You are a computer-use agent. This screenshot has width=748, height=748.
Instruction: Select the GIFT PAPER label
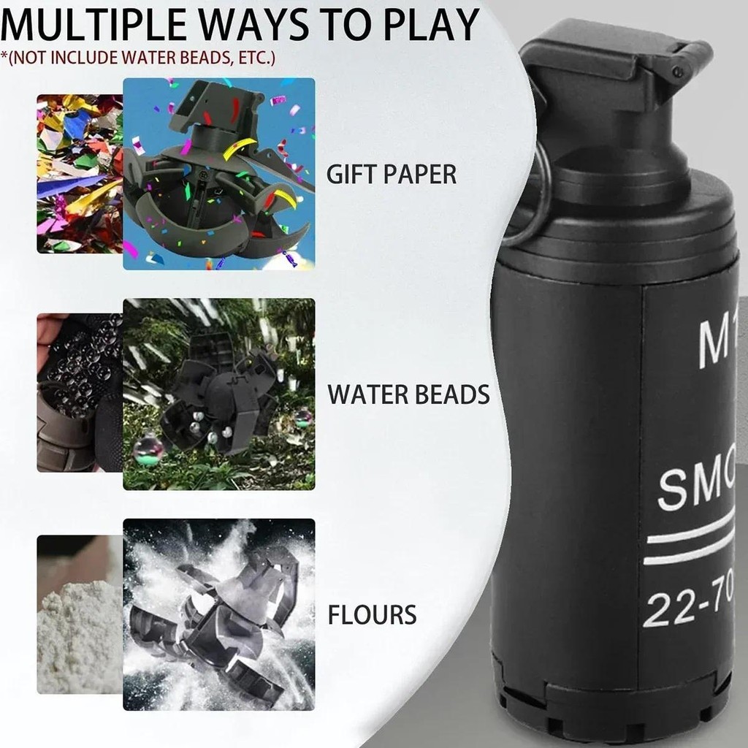pos(391,175)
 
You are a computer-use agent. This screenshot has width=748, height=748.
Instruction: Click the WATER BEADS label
pos(408,394)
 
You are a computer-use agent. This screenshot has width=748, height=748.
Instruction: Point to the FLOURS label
pos(372,614)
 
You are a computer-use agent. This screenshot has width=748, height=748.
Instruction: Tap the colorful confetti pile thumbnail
pos(80,174)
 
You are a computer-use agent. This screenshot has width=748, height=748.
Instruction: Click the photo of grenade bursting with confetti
pos(219,174)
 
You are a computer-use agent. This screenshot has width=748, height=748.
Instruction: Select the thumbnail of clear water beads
pos(80,393)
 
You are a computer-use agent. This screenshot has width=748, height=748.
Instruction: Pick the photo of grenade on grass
pos(219,394)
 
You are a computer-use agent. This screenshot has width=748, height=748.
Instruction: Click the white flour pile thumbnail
pos(80,614)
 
